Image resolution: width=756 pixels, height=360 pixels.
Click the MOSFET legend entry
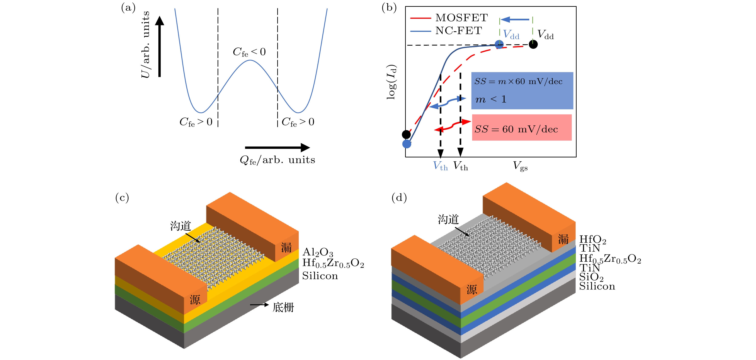point(461,18)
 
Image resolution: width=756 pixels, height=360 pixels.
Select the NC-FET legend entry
point(458,30)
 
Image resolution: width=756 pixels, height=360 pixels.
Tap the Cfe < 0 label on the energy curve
point(249,52)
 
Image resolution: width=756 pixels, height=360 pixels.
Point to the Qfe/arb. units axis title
point(277,160)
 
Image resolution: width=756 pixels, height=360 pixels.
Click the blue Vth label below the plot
point(440,166)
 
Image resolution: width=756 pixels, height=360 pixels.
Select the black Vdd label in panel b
point(545,35)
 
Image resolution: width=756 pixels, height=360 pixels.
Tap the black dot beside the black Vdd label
point(533,44)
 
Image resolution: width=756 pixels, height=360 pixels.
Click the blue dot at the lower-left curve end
point(407,144)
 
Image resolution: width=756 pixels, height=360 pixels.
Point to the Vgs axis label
point(520,166)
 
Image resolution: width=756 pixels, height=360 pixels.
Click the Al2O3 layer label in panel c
point(318,252)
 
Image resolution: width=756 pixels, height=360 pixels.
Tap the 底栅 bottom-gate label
point(283,307)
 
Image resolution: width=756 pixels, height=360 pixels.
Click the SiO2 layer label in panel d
point(591,277)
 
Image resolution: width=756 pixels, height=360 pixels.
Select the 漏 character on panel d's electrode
point(563,239)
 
